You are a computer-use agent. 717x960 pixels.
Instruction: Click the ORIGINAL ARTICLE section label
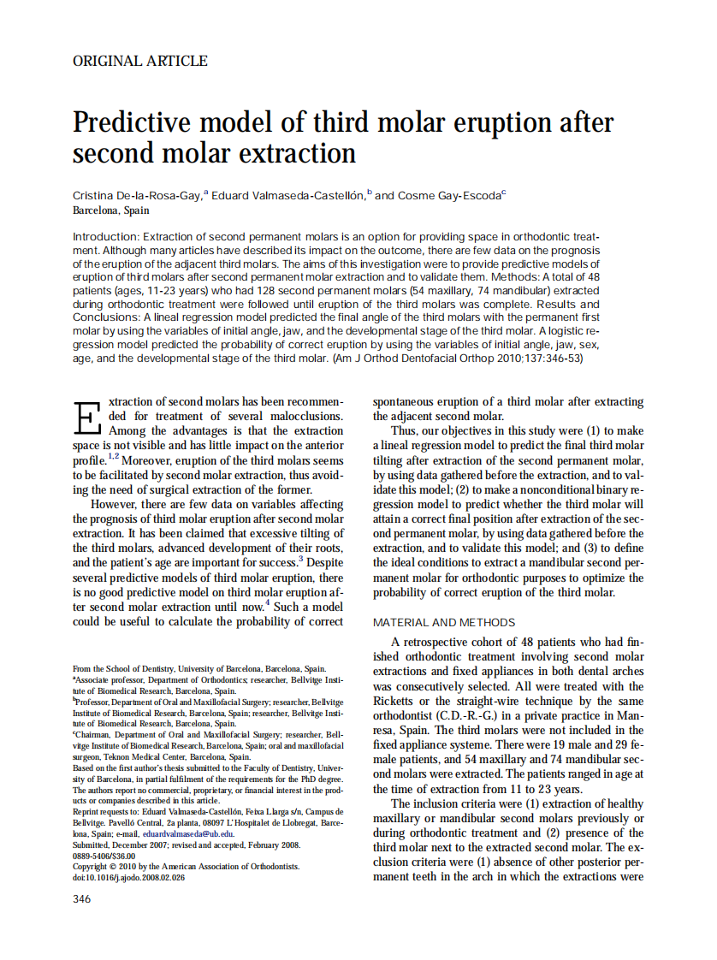(x=139, y=61)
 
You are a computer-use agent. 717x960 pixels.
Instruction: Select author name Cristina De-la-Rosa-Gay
(x=137, y=195)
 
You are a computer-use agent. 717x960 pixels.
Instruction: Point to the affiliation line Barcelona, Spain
(x=111, y=210)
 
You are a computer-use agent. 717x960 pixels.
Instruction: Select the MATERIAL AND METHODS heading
(x=444, y=623)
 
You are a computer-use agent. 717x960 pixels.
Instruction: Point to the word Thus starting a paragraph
(x=406, y=430)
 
